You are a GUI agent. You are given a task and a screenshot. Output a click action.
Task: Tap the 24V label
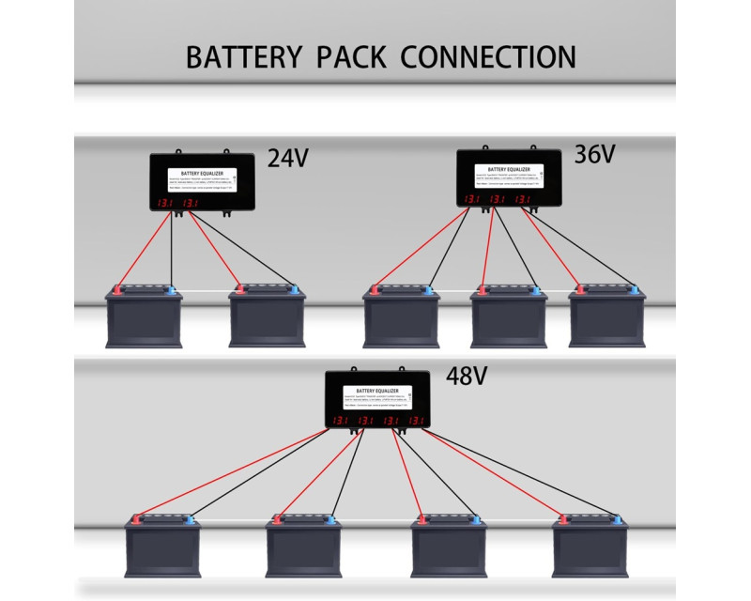[287, 158]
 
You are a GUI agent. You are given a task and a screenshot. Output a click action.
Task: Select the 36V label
[593, 152]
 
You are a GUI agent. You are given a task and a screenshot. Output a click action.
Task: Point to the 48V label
[467, 378]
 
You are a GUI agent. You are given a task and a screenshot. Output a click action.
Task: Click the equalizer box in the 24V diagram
[203, 184]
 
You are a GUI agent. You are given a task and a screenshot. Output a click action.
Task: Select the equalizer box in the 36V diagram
[508, 178]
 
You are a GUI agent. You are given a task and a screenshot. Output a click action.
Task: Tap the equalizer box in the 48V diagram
[377, 399]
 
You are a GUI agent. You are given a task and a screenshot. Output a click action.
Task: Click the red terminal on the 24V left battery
[116, 289]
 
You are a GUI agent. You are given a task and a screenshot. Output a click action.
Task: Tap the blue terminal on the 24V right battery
[295, 289]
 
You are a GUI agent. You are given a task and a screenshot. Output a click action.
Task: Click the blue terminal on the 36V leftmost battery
[428, 289]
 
